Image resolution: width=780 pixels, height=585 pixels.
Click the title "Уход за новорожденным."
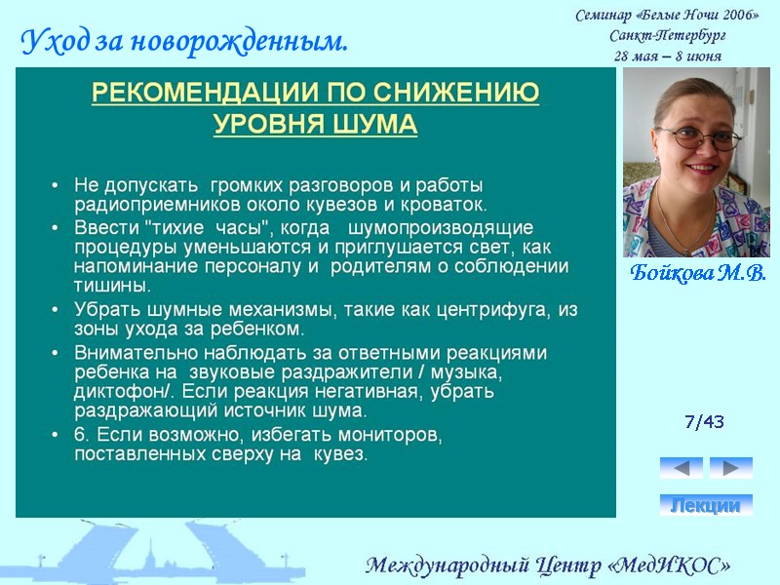pyautogui.click(x=184, y=42)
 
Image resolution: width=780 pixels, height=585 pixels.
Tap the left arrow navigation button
pyautogui.click(x=681, y=468)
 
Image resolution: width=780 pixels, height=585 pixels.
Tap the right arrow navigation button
pyautogui.click(x=730, y=468)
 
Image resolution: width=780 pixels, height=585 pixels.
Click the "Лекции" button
pyautogui.click(x=706, y=505)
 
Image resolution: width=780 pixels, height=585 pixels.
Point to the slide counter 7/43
pyautogui.click(x=704, y=422)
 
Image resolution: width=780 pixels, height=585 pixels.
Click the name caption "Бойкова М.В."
pyautogui.click(x=697, y=272)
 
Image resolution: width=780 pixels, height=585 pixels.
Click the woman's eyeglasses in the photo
pyautogui.click(x=699, y=137)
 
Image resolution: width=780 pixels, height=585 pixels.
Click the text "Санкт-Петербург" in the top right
pyautogui.click(x=667, y=36)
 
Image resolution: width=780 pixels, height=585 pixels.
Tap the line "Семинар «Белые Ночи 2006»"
pyautogui.click(x=667, y=16)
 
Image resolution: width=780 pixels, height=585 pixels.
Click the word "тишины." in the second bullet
pyautogui.click(x=112, y=286)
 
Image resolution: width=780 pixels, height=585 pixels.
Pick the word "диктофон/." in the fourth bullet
pyautogui.click(x=116, y=391)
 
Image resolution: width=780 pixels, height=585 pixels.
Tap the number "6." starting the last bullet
pyautogui.click(x=84, y=435)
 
